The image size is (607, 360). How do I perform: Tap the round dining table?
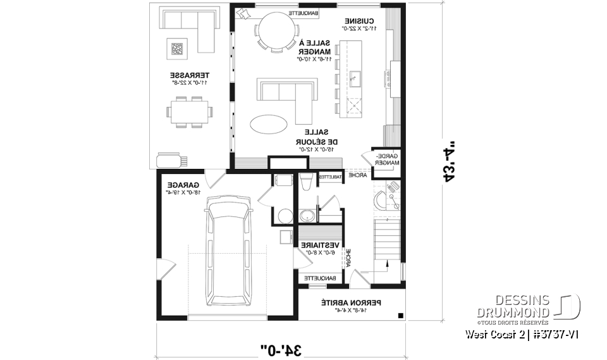pos(276,30)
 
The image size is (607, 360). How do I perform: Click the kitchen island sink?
pos(355,78)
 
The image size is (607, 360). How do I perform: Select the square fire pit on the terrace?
pos(178,48)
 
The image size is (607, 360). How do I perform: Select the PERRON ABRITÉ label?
pos(345,303)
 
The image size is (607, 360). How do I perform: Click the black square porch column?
pos(400,316)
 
